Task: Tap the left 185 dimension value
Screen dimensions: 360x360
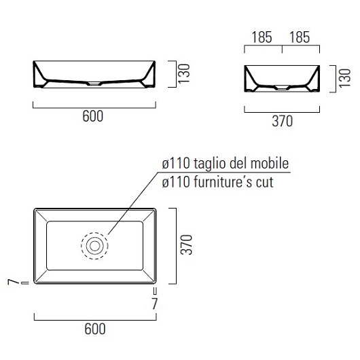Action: tap(262, 37)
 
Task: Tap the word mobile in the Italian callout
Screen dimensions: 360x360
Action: tap(271, 164)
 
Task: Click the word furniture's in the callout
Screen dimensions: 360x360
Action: tap(223, 182)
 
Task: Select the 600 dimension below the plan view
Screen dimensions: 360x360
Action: tap(95, 329)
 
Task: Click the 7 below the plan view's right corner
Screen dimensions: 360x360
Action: tap(155, 303)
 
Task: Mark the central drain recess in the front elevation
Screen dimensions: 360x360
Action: tap(94, 84)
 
